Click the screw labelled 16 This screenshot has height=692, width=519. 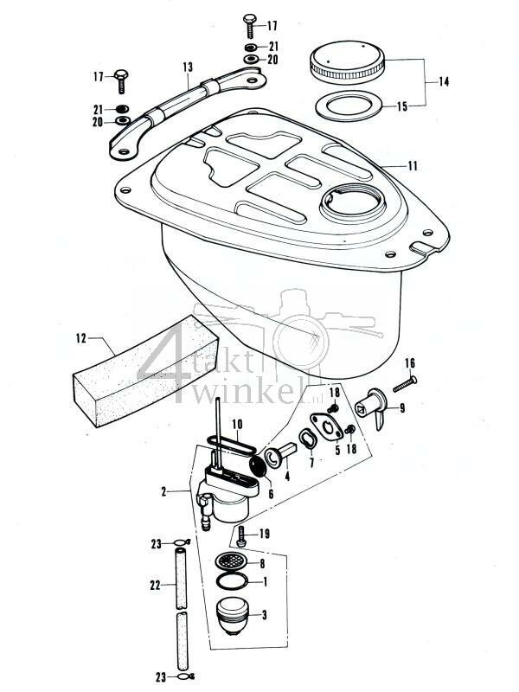[x=405, y=378]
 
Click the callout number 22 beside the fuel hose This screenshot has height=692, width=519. [x=156, y=586]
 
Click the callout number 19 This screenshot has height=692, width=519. [x=265, y=535]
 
